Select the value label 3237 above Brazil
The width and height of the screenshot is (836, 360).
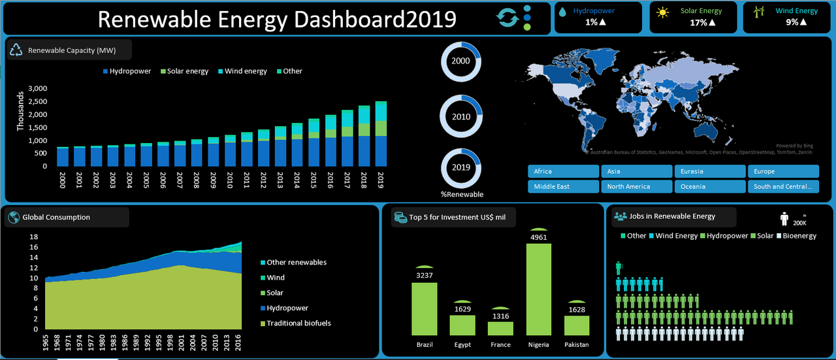[424, 275]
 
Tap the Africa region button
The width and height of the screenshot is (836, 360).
[563, 171]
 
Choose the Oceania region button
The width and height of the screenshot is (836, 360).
[709, 186]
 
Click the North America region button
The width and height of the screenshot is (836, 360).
[636, 186]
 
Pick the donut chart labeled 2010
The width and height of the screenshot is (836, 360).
[460, 116]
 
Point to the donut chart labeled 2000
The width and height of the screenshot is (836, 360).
[460, 61]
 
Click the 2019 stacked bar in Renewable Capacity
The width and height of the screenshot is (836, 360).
[381, 134]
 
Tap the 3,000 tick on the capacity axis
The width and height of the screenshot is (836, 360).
[39, 88]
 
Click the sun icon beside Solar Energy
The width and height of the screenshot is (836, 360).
[663, 12]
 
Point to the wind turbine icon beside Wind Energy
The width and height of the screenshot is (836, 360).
[759, 12]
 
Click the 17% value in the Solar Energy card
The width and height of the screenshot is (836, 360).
[698, 23]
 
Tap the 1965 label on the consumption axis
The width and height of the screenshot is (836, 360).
[47, 345]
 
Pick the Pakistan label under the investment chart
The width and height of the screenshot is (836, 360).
[576, 344]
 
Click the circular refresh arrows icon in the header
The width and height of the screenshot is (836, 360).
[507, 18]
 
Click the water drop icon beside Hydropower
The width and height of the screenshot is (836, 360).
[562, 11]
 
